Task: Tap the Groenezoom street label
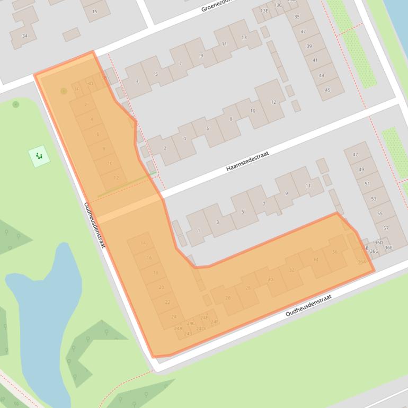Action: coord(217,6)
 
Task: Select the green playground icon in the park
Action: coord(39,156)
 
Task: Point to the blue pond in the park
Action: coord(45,302)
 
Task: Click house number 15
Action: coord(94,11)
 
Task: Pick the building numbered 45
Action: coord(327,90)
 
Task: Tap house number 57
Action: coord(386,228)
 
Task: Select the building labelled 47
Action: coord(355,155)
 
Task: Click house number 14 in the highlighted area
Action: coord(143,243)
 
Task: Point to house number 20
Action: coord(161,287)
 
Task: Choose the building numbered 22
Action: coord(167,302)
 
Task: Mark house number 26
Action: coord(228,298)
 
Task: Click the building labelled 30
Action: coord(270,280)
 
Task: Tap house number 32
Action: coord(291,270)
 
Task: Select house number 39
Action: coord(308,46)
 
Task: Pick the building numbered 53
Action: coord(374,199)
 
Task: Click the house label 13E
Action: coord(264,11)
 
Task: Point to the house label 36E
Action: coord(388,247)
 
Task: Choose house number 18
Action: coord(155,272)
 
